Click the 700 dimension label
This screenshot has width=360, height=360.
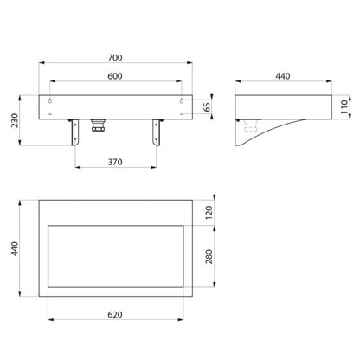115,58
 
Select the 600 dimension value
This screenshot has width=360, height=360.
115,76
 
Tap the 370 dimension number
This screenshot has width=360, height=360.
115,162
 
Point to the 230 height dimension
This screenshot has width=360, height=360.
15,120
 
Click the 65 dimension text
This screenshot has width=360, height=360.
207,107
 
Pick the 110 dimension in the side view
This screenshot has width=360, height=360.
344,106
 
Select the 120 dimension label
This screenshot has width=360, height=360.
209,213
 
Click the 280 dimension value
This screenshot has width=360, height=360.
209,256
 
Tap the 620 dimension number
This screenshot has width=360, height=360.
115,314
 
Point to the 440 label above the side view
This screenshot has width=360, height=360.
283,76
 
